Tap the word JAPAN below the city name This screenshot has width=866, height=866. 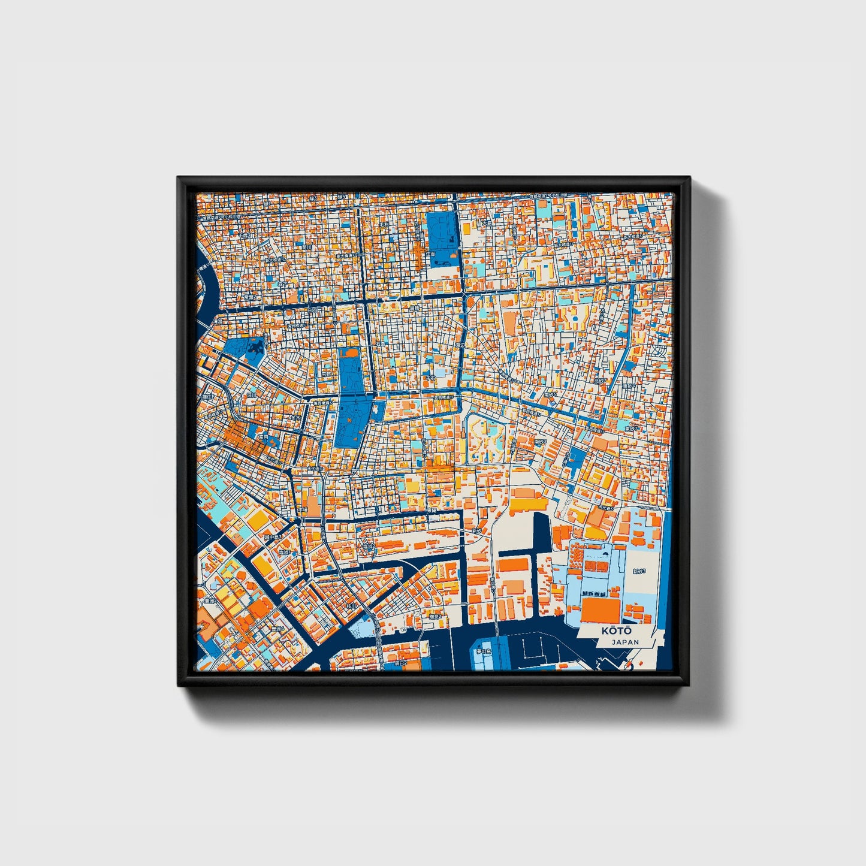(625, 642)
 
